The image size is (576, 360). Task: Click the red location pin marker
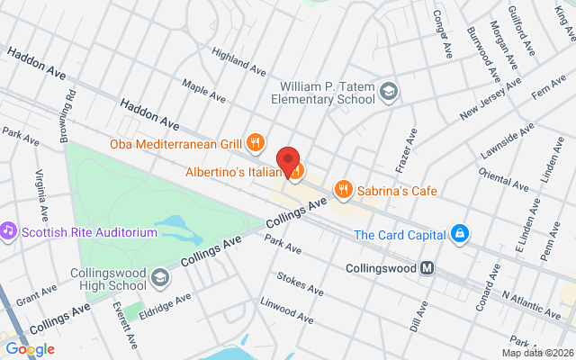click(288, 158)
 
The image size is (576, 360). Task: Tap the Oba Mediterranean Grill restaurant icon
click(256, 142)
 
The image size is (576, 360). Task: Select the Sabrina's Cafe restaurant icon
click(342, 189)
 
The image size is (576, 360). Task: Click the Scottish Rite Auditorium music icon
click(9, 231)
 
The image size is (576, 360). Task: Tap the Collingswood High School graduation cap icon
click(160, 276)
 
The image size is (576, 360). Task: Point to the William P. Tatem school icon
click(388, 91)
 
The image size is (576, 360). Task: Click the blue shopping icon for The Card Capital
click(461, 235)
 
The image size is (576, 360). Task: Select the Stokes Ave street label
click(300, 284)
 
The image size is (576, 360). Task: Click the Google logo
click(30, 349)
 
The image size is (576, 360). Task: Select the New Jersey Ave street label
click(490, 99)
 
